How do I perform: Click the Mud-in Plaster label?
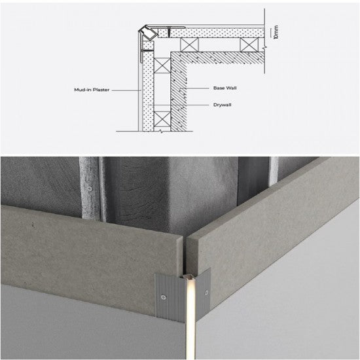click(x=92, y=90)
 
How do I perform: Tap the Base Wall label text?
click(x=225, y=88)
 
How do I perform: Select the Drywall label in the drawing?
click(x=223, y=105)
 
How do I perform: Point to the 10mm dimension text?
click(x=276, y=32)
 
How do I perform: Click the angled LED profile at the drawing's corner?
click(x=149, y=32)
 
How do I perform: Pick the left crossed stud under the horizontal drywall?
click(x=189, y=45)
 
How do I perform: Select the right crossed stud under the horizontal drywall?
click(x=249, y=45)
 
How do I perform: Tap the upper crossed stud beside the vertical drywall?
click(x=162, y=65)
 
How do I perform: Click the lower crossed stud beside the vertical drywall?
click(x=162, y=119)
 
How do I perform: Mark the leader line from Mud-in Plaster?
click(x=126, y=90)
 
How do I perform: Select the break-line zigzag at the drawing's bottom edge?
click(x=162, y=132)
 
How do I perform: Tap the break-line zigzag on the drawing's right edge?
click(x=264, y=48)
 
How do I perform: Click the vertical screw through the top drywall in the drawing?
click(x=169, y=31)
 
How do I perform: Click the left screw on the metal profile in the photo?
click(x=164, y=297)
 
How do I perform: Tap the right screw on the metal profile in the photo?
click(x=206, y=293)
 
